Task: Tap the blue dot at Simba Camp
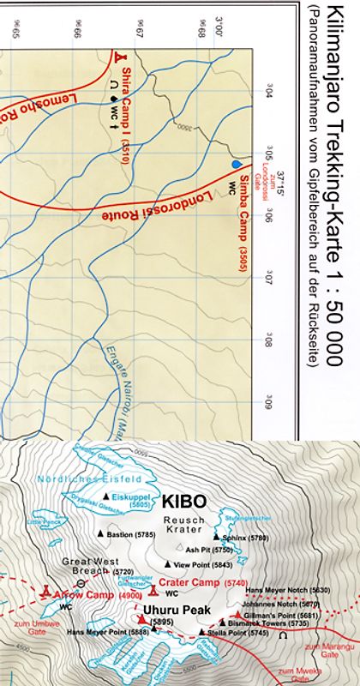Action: click(236, 163)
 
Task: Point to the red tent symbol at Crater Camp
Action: click(152, 591)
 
